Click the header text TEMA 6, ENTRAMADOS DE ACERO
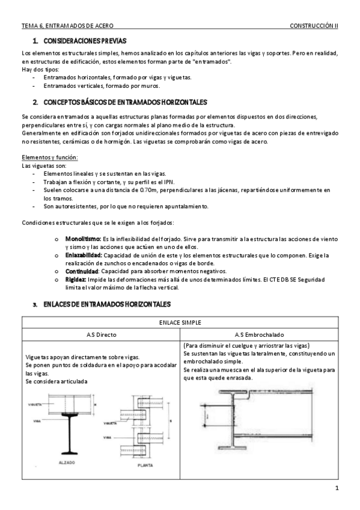(67, 26)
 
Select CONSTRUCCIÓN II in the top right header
(314, 26)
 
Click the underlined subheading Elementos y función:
(49, 158)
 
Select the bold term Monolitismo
(83, 239)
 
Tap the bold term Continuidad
(81, 271)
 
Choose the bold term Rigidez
(76, 280)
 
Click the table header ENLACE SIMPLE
(180, 322)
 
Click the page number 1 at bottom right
(338, 487)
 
